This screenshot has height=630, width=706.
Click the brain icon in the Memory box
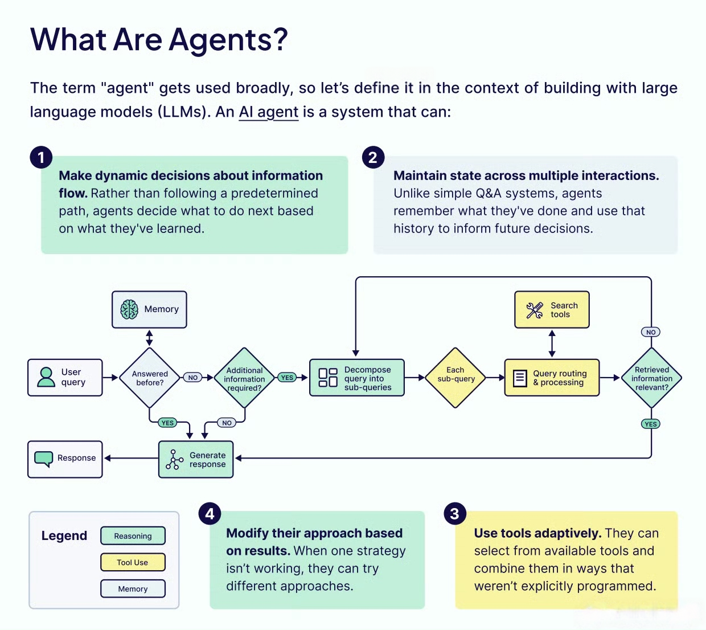[129, 309]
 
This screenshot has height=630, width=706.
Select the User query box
[65, 377]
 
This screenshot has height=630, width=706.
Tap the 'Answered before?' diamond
[150, 378]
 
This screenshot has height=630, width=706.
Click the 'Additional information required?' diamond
[244, 378]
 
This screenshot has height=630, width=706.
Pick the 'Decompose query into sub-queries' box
[357, 378]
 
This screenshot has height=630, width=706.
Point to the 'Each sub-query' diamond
[455, 378]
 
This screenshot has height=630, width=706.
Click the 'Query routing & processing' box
[552, 378]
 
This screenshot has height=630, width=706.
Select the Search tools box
[552, 310]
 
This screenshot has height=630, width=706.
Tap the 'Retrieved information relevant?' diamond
[651, 378]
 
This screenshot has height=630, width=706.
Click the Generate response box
[196, 459]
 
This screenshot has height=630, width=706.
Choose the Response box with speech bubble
[65, 459]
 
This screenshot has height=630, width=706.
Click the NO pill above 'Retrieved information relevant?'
[651, 332]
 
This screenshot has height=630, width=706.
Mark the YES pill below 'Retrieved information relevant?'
[651, 424]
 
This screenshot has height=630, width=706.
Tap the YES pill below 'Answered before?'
[167, 423]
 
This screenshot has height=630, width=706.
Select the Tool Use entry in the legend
[133, 562]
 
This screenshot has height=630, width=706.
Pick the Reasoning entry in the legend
[133, 536]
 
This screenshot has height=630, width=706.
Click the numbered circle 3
[454, 514]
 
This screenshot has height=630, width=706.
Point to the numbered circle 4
[210, 514]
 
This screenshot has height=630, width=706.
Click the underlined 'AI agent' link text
[269, 112]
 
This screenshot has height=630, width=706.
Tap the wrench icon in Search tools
[535, 310]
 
